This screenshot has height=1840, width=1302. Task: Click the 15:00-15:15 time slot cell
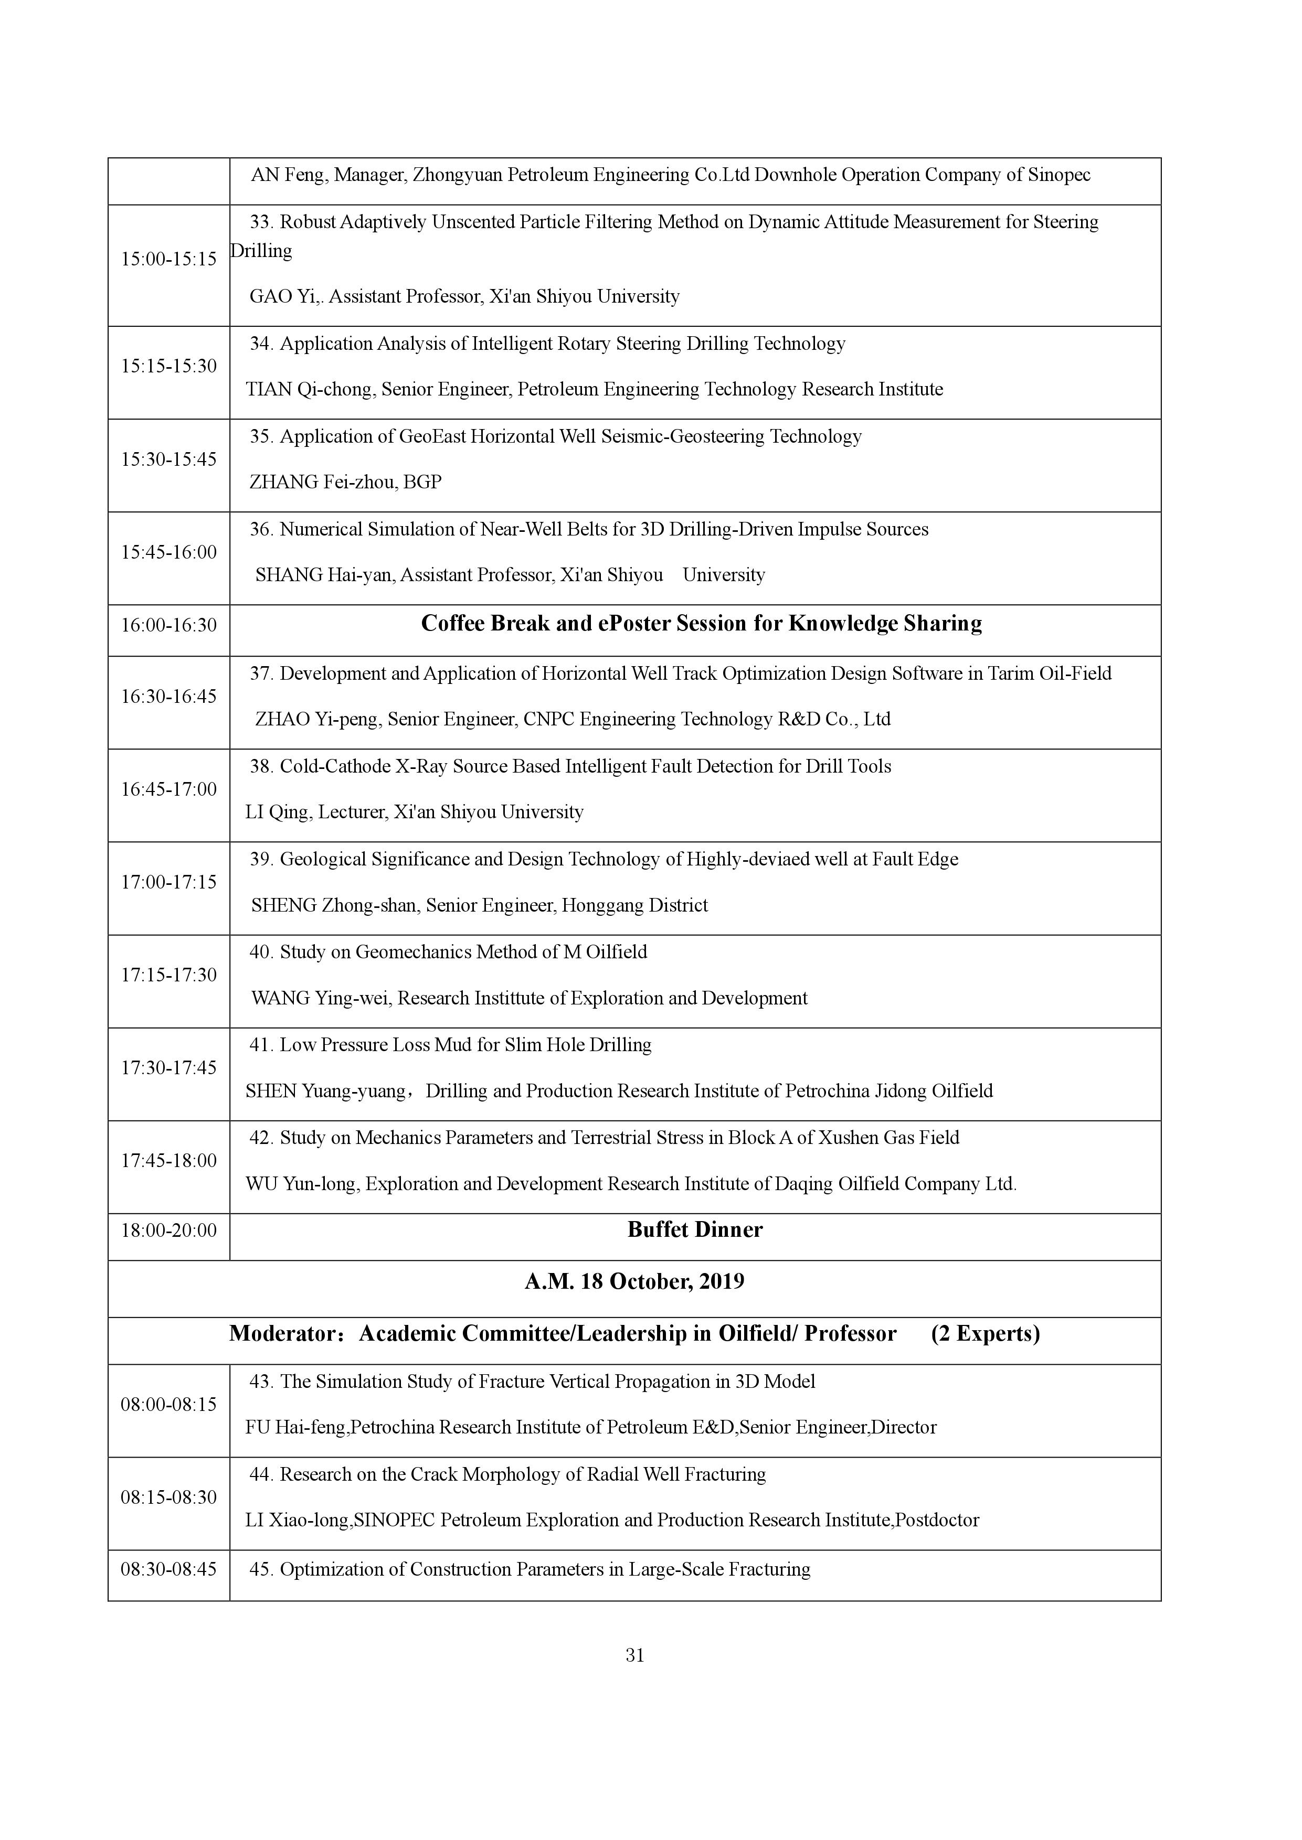point(168,259)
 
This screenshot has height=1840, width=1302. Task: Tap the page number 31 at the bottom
point(635,1655)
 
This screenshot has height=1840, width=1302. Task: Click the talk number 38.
point(261,766)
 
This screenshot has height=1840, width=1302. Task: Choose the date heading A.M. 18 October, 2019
point(634,1281)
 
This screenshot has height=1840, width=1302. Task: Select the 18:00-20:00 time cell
point(168,1230)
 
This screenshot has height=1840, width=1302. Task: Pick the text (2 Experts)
point(986,1333)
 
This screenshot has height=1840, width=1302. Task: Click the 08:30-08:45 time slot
point(168,1568)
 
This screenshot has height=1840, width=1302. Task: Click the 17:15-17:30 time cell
point(168,975)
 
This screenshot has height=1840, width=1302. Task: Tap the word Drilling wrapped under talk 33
point(261,251)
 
